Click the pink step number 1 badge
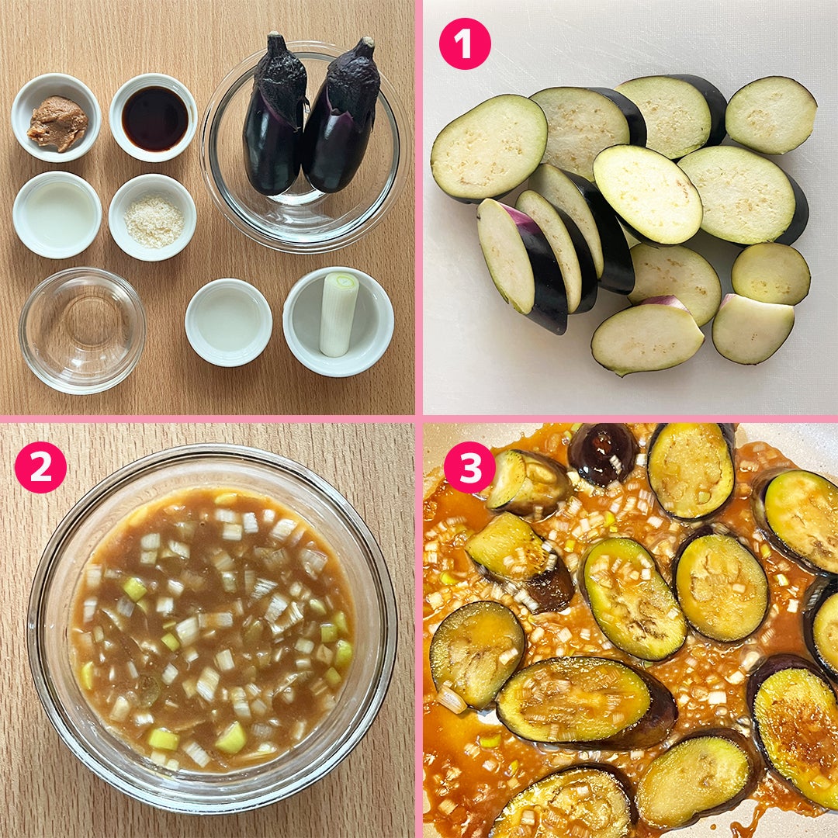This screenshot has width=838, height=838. pos(465,43)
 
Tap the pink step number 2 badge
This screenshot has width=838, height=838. pos(40,467)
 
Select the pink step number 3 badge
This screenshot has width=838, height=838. pos(470,467)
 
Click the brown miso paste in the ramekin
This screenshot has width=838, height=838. pos(57,123)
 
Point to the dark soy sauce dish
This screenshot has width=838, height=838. pos(154,118)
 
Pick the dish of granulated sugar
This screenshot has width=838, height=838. pos(153,217)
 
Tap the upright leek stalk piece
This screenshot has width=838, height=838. pos(338,313)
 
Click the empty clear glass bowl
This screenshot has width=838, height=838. pos(81,331)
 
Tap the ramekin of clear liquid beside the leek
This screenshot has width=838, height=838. pos(229,322)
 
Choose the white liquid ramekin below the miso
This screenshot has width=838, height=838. pos(57,214)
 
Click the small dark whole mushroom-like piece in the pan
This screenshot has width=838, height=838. pos(602,454)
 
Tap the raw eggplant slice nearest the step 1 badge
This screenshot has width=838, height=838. pos(489,147)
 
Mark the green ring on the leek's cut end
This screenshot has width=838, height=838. pos(341,281)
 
